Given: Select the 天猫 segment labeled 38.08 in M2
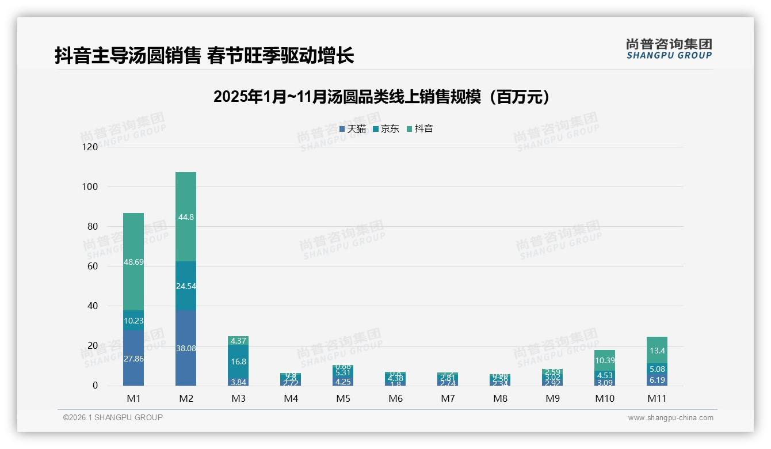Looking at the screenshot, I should pos(186,348).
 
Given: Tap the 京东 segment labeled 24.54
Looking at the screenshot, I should pos(186,286).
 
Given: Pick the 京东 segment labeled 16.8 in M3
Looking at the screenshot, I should pos(238,362).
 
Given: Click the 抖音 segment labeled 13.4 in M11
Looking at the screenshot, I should pos(657,351).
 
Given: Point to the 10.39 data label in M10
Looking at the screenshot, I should pos(604,360).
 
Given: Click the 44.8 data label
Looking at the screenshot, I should pos(186,217).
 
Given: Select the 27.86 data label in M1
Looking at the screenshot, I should pos(133,357).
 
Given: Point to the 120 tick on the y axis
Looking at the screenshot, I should pos(90,147).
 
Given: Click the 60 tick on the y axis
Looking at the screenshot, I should pos(93,267).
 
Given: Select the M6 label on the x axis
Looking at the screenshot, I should pos(395,398).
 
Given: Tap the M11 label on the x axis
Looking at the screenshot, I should pos(657,398).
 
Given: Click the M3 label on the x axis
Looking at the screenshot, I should pos(238,398).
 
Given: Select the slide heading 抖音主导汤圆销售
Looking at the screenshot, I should pos(204,55).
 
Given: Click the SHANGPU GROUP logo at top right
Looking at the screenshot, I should pos(669,48).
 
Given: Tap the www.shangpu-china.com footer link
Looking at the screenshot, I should pos(670,418).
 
